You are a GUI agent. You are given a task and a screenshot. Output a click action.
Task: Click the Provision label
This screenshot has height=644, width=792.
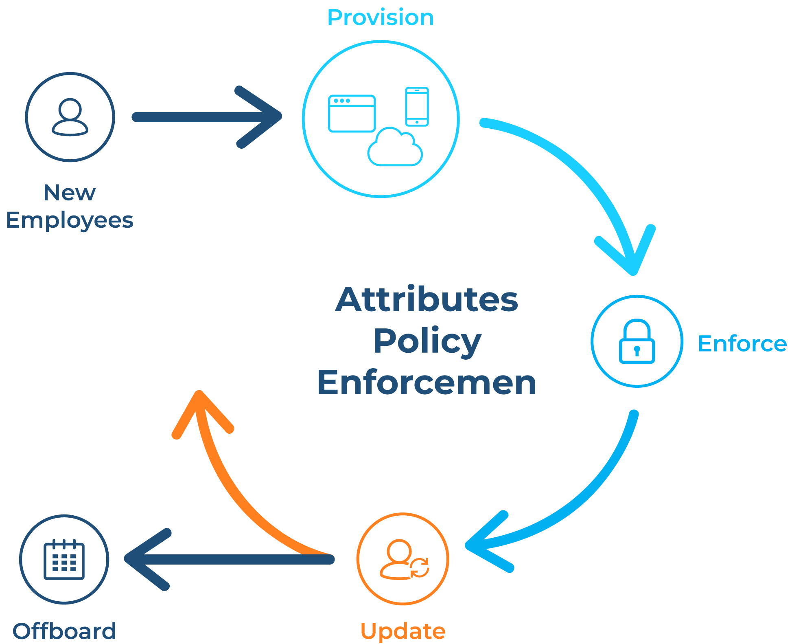380,18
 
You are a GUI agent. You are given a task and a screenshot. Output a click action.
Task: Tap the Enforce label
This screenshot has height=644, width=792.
742,344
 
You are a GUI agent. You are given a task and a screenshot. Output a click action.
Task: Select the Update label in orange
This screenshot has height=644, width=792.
403,631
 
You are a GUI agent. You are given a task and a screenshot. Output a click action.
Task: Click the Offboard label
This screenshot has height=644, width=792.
64,631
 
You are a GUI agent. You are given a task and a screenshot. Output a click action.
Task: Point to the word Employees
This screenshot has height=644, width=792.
70,221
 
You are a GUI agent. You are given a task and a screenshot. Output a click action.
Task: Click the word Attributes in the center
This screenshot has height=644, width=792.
427,300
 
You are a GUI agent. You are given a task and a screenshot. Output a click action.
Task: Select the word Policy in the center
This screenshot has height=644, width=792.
427,341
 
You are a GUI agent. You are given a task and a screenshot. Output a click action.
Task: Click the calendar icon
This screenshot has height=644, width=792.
64,559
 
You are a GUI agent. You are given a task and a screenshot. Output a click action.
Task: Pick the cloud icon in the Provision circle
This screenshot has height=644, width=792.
395,148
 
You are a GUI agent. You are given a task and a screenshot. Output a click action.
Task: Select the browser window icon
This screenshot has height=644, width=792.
352,114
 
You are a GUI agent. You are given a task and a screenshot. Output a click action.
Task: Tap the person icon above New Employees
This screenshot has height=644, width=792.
70,117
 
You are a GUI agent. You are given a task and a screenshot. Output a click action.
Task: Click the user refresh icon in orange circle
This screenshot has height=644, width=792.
403,559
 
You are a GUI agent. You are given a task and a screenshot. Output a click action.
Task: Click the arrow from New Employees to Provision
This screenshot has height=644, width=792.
203,117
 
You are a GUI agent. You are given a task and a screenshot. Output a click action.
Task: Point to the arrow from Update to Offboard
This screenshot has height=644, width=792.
228,559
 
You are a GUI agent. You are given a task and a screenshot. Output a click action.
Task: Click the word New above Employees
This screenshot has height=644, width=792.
70,193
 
